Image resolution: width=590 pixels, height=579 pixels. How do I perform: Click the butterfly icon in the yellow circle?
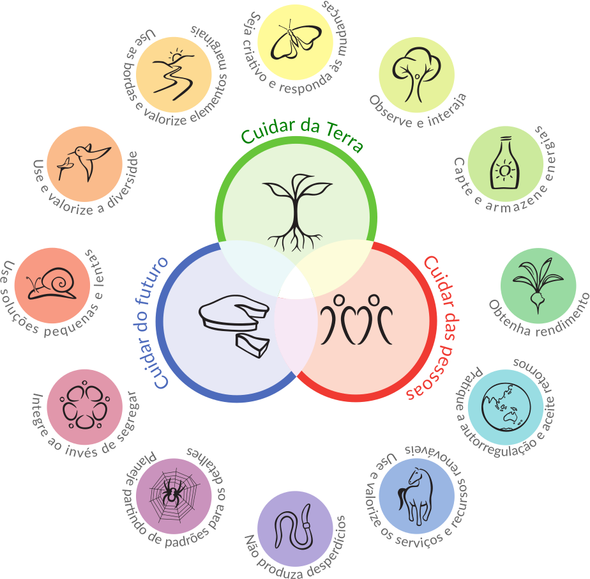(x=294, y=41)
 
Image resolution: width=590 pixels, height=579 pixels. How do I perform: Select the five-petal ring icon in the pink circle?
(x=84, y=407)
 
